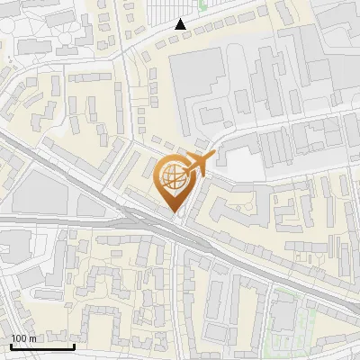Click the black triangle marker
pyautogui.click(x=181, y=24)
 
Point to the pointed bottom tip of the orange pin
pyautogui.click(x=172, y=213)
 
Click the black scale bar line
pyautogui.click(x=41, y=346)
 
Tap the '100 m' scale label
pyautogui.click(x=24, y=338)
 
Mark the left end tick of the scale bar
pyautogui.click(x=10, y=345)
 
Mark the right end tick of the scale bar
pyautogui.click(x=74, y=345)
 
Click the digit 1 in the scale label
pyautogui.click(x=14, y=338)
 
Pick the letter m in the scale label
pyautogui.click(x=32, y=338)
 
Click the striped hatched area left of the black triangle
pyautogui.click(x=162, y=13)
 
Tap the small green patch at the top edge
pyautogui.click(x=202, y=4)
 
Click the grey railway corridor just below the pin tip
pyautogui.click(x=180, y=229)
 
